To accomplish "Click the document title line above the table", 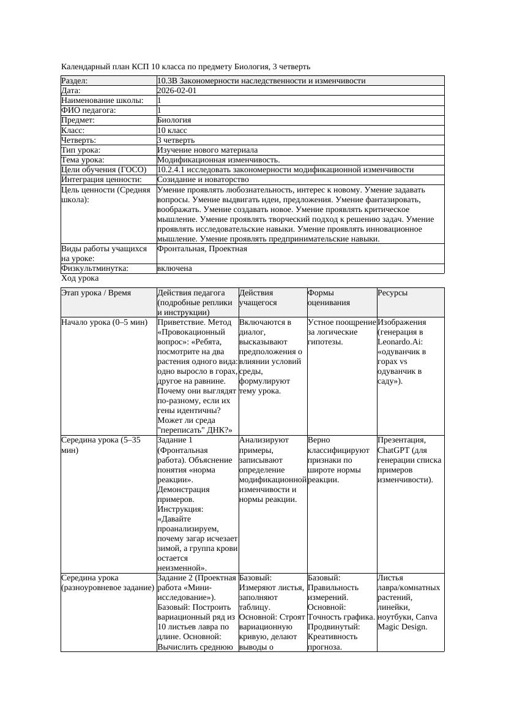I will pos(186,66).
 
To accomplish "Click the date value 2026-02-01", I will pos(177,90).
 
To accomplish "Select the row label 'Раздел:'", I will pos(75,80).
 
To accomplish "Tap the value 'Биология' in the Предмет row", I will pos(174,120).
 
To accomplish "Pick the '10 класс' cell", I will pos(172,130).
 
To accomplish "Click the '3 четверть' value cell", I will pos(176,140).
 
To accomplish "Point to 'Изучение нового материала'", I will pos(207,150).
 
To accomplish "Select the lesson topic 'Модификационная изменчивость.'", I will pos(218,159).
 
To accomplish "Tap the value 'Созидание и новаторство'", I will pos(203,180).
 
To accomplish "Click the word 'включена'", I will pos(174,268).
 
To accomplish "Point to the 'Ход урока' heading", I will pos(80,278).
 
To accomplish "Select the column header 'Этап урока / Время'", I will pos(97,293).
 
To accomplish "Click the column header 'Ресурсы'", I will pos(392,293).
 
